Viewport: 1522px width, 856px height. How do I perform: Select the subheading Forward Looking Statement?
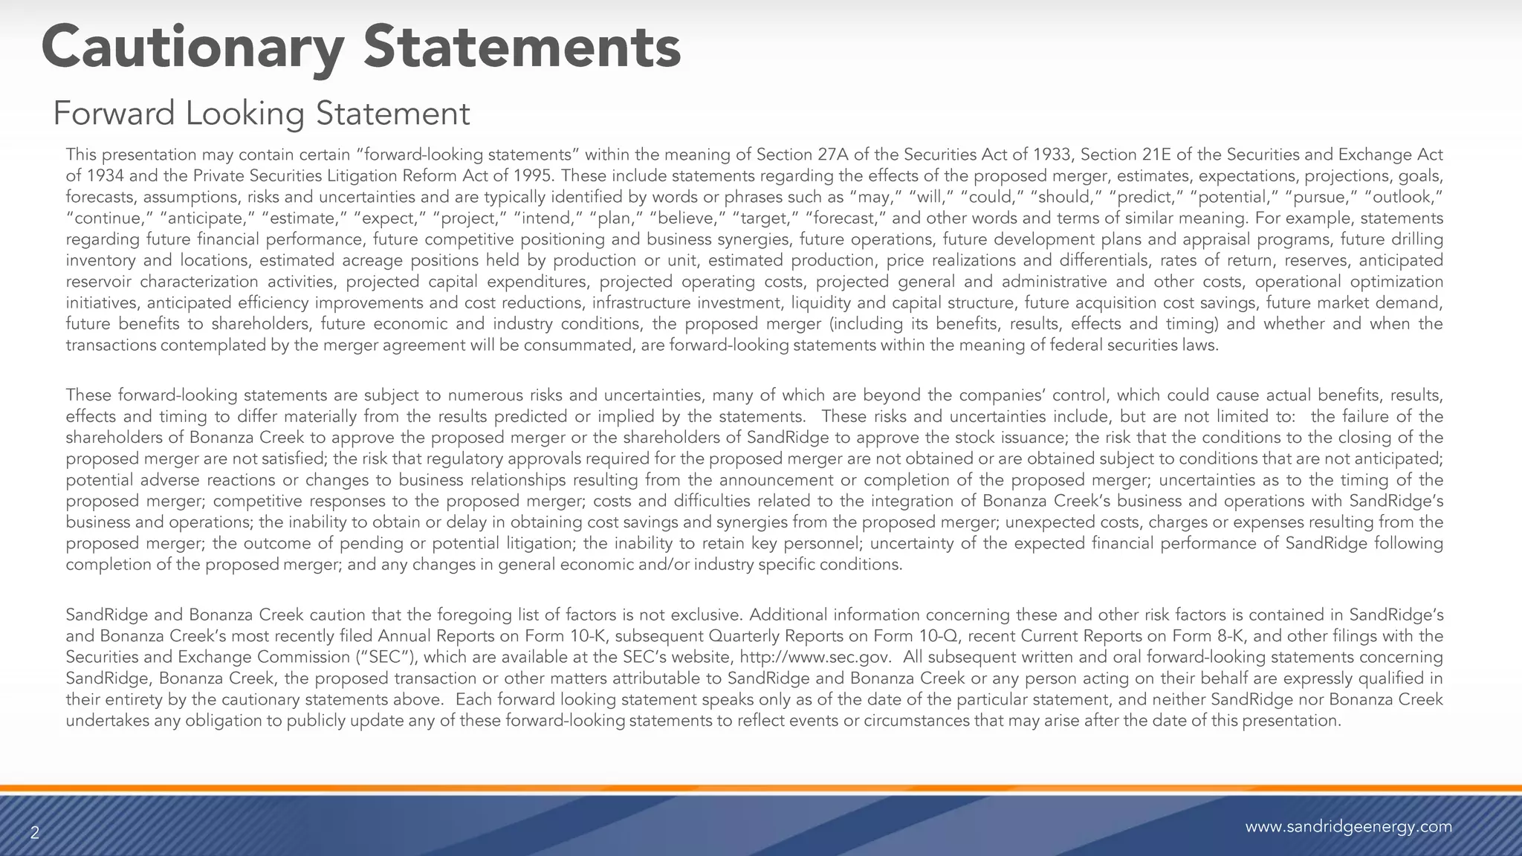tap(262, 114)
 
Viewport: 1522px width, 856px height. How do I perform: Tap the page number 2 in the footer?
tap(34, 834)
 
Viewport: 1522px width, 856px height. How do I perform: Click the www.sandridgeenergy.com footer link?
tap(1348, 827)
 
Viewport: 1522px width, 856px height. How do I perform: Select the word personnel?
tap(822, 543)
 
